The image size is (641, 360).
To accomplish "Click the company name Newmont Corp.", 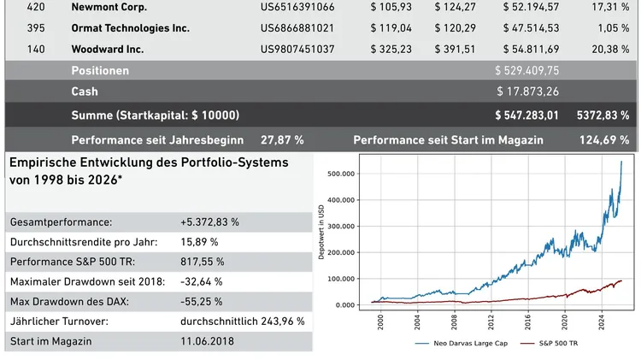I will coord(109,7).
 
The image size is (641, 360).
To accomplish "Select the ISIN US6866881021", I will coord(297,28).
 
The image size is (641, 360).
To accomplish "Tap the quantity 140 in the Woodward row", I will coord(37,49).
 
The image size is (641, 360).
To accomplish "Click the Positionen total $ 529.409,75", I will coord(527,70).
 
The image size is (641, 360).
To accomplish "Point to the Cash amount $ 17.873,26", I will coord(529,91).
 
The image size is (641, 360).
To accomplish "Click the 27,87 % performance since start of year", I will coord(282,139).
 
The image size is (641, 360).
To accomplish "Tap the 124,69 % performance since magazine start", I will coord(604,139).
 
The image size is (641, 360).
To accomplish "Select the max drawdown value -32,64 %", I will coord(202,281).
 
